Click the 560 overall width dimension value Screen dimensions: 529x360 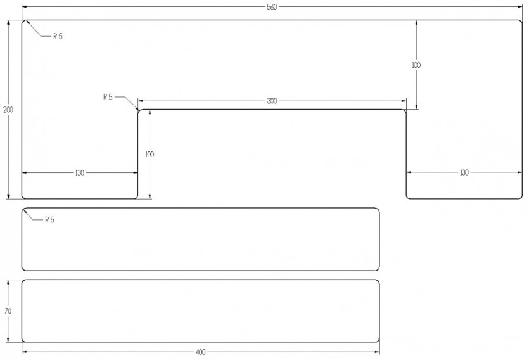[272, 7]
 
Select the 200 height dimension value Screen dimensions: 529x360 [8, 110]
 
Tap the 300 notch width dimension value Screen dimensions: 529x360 [272, 101]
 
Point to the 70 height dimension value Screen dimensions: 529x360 [8, 311]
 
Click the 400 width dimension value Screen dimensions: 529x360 [200, 352]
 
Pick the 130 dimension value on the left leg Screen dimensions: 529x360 [79, 173]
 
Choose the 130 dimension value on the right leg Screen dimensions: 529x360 [464, 173]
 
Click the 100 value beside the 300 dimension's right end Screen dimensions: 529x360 [416, 65]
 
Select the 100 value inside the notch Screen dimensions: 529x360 [150, 155]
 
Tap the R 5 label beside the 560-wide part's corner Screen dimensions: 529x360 [58, 36]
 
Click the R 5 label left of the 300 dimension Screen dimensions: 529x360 [108, 97]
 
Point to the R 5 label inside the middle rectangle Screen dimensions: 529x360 [49, 220]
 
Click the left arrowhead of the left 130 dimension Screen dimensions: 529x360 [25, 173]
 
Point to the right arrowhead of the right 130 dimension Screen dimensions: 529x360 [519, 172]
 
